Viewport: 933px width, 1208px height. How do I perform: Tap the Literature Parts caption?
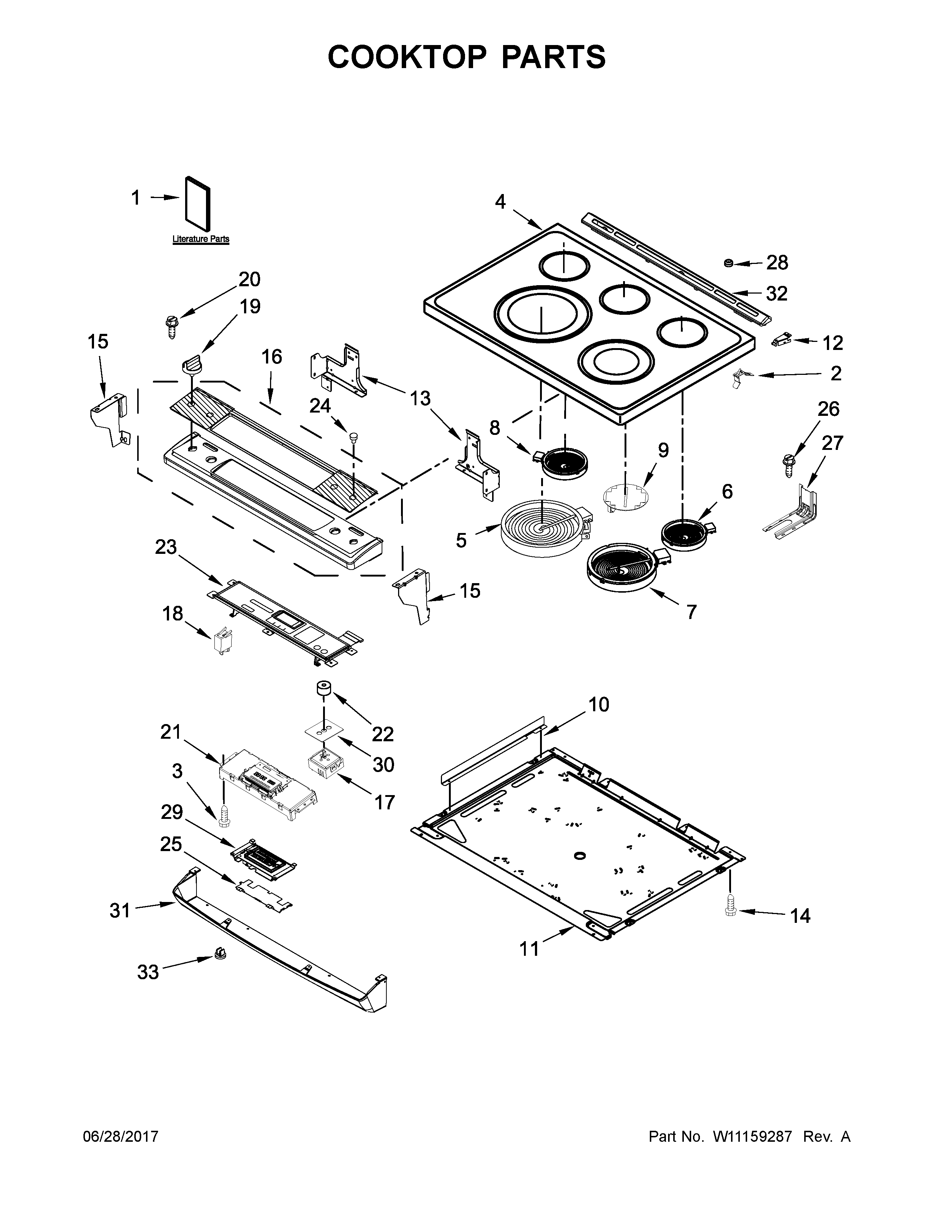[201, 239]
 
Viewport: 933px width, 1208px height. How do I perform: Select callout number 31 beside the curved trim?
[120, 910]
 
